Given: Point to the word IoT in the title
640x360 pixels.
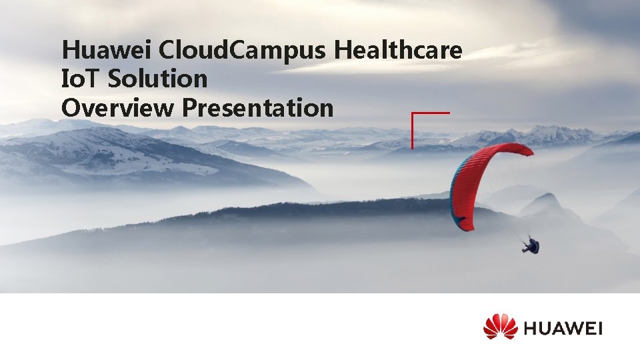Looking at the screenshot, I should pyautogui.click(x=80, y=79).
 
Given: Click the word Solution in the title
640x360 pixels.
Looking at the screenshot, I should pyautogui.click(x=159, y=79).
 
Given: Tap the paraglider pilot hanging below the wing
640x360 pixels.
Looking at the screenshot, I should pyautogui.click(x=531, y=245).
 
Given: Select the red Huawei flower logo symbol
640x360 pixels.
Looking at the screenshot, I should pyautogui.click(x=500, y=327).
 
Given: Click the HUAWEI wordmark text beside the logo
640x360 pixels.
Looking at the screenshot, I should pyautogui.click(x=563, y=328).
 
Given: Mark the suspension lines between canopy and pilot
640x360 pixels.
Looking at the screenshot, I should pyautogui.click(x=510, y=213).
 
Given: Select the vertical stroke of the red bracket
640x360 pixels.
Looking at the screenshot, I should pyautogui.click(x=413, y=131).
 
